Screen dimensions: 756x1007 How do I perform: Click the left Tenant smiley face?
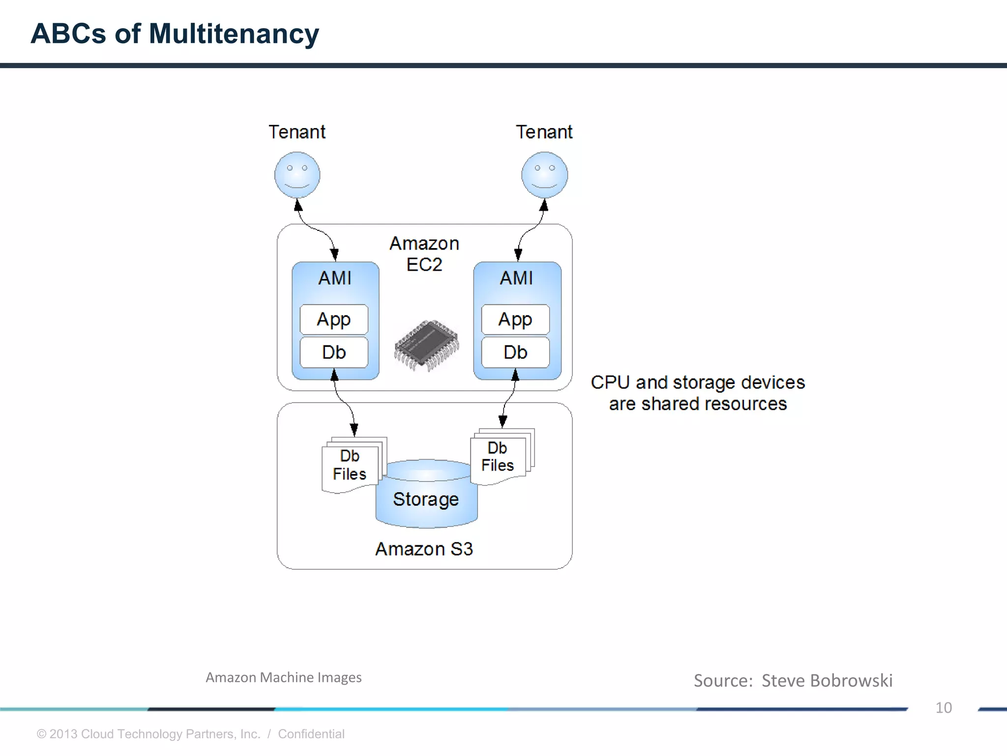point(297,175)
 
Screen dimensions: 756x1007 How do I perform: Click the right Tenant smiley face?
point(544,175)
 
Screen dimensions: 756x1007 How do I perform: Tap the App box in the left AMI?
point(334,319)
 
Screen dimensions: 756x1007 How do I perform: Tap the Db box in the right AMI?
point(515,352)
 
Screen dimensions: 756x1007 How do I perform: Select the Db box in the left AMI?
point(334,352)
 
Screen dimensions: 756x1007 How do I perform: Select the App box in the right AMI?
point(515,319)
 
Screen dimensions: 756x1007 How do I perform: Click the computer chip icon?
point(426,345)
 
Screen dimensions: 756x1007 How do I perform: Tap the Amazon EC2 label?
point(424,254)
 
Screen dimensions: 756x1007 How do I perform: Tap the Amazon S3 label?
point(424,549)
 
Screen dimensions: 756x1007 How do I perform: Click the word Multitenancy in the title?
point(234,33)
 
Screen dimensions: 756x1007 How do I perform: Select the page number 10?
point(943,708)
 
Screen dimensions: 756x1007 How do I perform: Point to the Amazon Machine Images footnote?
point(284,678)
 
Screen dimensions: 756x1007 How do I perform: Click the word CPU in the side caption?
point(610,382)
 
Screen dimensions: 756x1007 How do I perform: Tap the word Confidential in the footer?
point(311,734)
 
